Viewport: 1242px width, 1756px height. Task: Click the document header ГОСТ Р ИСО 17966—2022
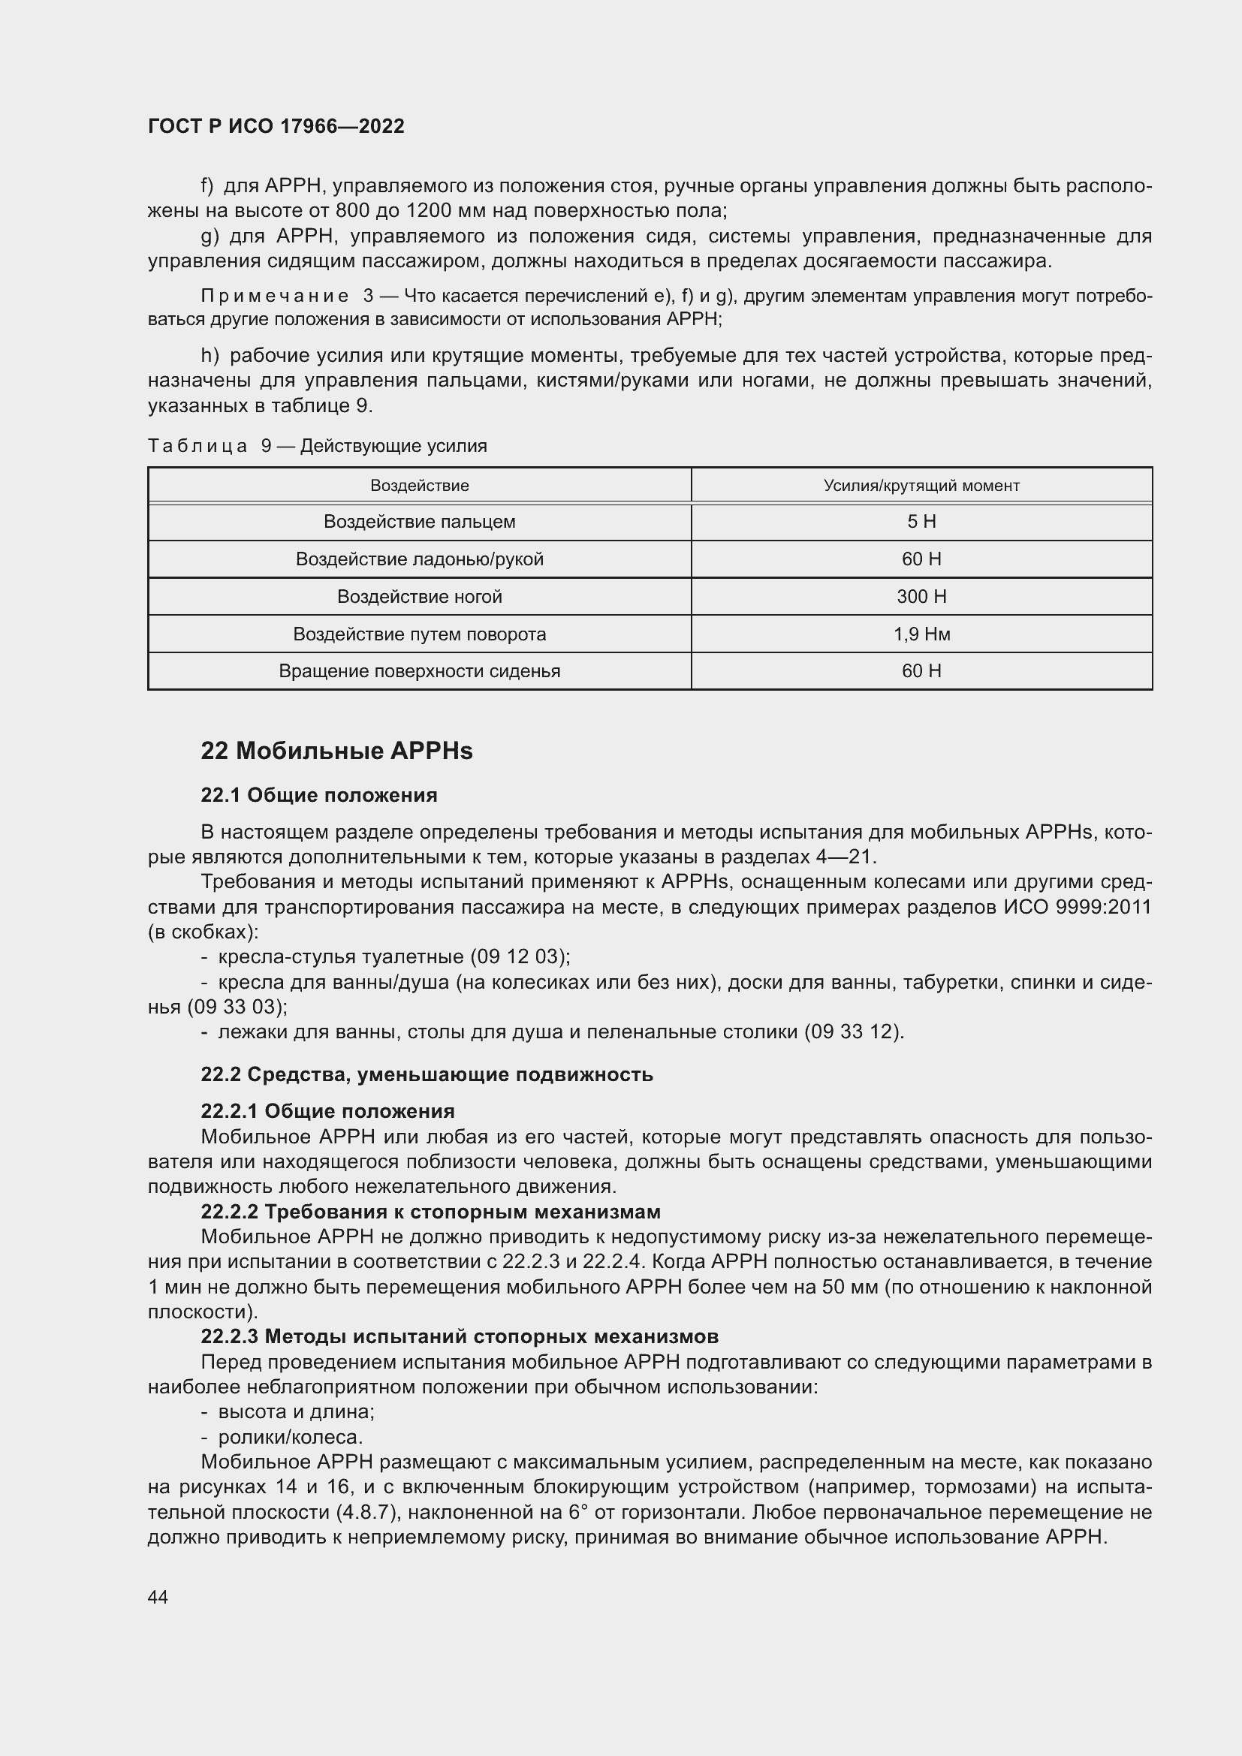276,127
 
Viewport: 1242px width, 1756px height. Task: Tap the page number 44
158,1597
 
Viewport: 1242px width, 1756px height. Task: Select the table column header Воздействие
419,486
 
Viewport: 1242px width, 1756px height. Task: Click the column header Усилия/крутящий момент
921,486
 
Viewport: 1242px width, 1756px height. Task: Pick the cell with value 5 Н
921,522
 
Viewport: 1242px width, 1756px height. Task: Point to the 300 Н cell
921,597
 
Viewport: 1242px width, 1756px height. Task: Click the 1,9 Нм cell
921,634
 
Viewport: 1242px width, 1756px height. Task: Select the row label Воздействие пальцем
419,522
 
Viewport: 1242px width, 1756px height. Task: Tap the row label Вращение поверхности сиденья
419,670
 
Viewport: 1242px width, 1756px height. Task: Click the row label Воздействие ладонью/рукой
419,559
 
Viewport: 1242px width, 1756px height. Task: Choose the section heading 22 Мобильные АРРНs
336,751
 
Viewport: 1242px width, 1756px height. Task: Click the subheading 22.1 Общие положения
319,795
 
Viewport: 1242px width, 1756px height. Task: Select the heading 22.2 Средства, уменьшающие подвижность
427,1074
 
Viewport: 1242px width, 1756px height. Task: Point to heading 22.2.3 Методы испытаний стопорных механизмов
459,1336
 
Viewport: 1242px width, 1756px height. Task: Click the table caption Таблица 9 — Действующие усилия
318,446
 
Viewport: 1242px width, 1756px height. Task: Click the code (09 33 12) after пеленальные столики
852,1032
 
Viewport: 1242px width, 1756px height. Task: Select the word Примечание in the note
274,296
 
